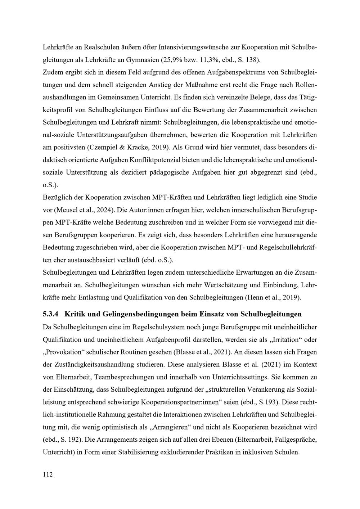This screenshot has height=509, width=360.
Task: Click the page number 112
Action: click(x=48, y=474)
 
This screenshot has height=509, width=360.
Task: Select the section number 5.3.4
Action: click(x=50, y=314)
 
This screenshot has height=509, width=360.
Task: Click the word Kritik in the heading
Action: click(x=74, y=314)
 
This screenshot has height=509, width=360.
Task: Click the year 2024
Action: click(x=97, y=210)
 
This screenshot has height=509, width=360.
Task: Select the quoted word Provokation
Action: click(x=63, y=352)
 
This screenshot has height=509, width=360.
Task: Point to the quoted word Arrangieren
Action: click(x=171, y=428)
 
